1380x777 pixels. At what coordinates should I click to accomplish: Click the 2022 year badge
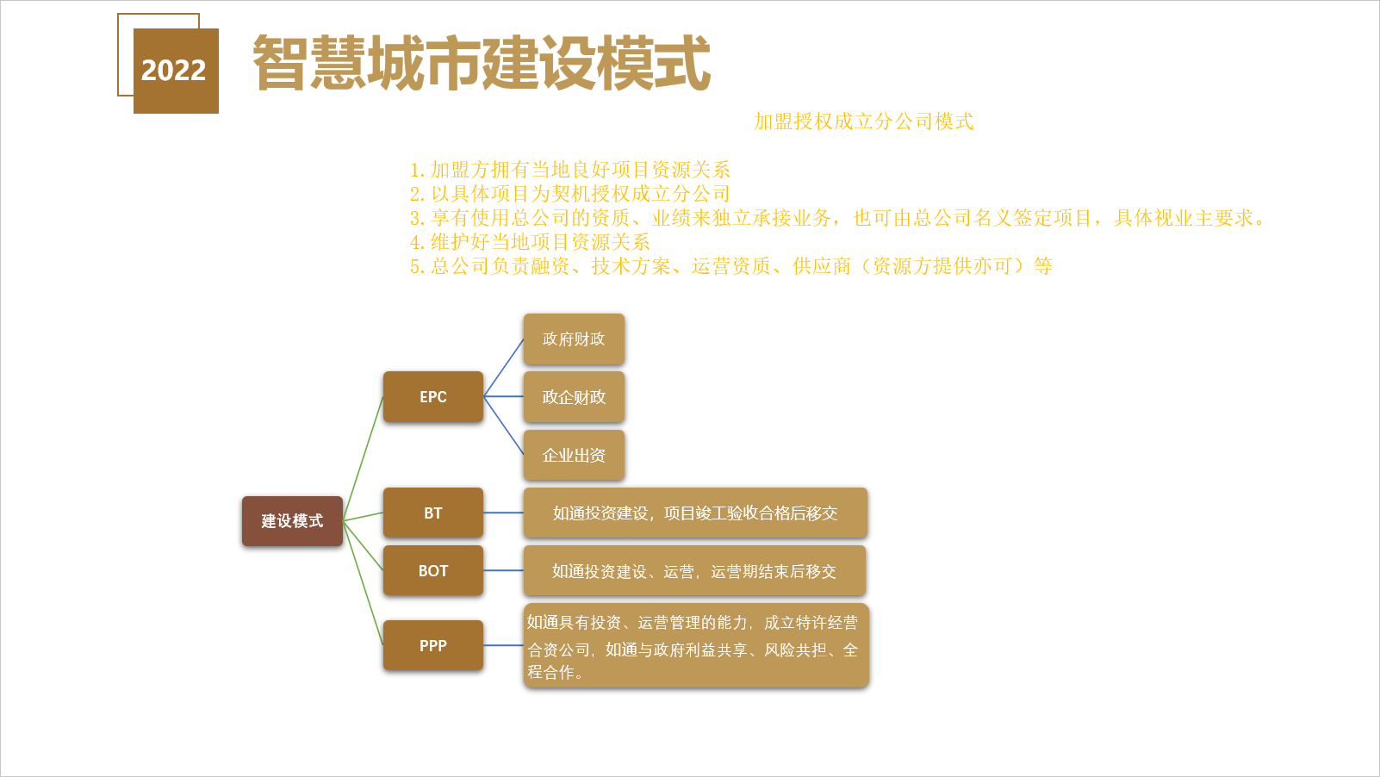pos(176,71)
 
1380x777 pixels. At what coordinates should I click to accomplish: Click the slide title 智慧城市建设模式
pos(482,63)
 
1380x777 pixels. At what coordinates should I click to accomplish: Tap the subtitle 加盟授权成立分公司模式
pos(863,121)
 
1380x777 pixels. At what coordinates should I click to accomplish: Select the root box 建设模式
pos(292,520)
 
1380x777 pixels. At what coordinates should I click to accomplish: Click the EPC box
pos(433,397)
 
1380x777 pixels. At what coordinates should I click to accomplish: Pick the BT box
pos(433,513)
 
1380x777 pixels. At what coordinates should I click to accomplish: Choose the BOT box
pos(433,570)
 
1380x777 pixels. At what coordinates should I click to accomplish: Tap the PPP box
pos(433,645)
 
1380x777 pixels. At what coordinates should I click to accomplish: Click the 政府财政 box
pos(574,339)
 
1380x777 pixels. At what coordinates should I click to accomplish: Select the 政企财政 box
pos(574,397)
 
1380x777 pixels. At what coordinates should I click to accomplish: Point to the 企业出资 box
pos(574,455)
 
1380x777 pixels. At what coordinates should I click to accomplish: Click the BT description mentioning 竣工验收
pos(695,513)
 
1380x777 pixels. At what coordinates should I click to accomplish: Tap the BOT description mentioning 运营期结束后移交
pos(694,570)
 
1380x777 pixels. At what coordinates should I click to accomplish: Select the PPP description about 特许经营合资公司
pos(696,645)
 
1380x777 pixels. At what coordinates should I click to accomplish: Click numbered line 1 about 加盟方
pos(570,170)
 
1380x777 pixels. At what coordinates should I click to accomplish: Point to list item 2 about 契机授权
pos(570,194)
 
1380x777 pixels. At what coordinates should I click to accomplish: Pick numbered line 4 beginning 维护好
pos(530,241)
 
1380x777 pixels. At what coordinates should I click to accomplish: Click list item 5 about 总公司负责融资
pos(731,265)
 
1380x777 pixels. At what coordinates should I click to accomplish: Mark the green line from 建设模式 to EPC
pos(363,458)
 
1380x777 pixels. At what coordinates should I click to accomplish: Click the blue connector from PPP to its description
pos(503,645)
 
